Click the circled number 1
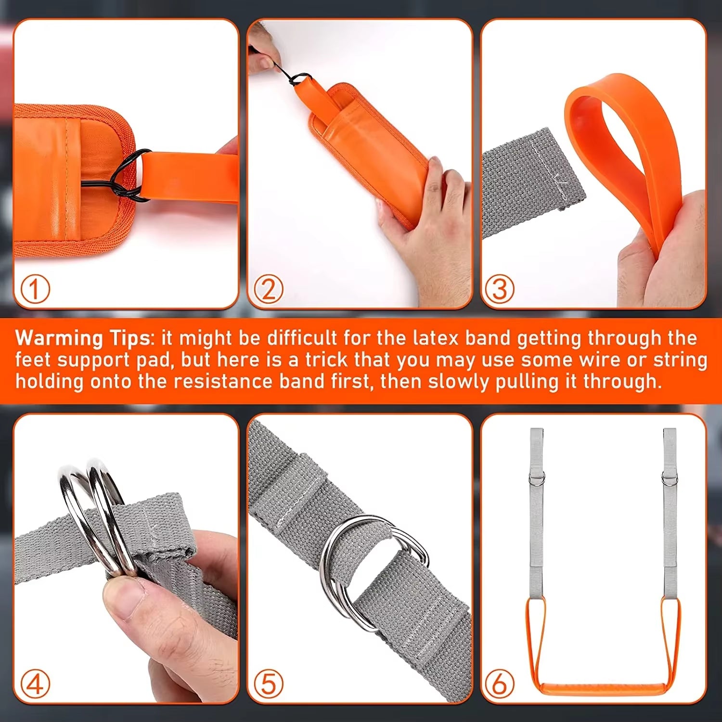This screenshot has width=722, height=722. point(35,289)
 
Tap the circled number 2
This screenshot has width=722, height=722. point(268,289)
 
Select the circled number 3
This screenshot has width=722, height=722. point(499,289)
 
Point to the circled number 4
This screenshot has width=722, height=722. point(35,683)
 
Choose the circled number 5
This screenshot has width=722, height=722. point(268,683)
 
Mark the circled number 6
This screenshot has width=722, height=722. point(499,683)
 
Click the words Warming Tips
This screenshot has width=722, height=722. point(83,338)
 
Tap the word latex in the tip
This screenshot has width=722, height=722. point(436,338)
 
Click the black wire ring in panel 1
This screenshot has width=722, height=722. point(126,176)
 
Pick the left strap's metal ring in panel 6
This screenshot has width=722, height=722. point(537,478)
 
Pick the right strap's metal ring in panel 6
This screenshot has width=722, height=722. point(669,478)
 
